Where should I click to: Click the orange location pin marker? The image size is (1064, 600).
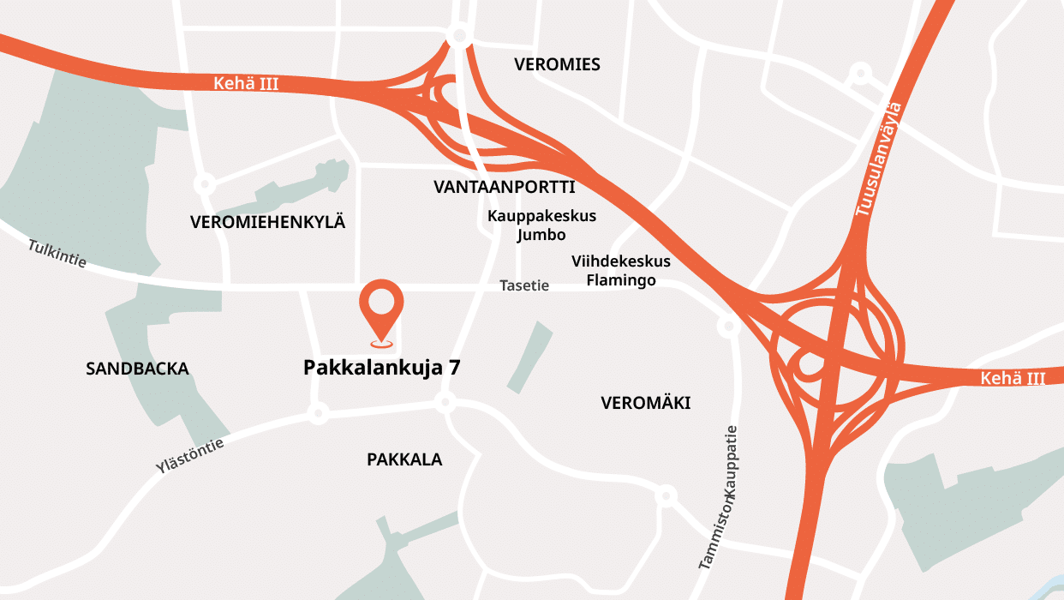[380, 309]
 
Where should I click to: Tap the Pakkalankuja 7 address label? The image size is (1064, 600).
[382, 368]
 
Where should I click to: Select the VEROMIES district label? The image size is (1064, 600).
[557, 64]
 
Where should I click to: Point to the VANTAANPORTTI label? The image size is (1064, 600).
[504, 187]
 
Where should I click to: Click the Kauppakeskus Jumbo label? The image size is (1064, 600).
[541, 225]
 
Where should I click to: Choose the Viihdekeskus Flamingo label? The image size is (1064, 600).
[621, 270]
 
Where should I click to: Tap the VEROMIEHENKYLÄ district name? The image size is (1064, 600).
[267, 222]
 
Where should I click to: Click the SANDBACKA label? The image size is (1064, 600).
[137, 369]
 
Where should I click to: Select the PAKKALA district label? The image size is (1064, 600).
[404, 459]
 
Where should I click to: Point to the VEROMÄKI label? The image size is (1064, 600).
[645, 403]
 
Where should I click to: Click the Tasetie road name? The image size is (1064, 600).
[524, 285]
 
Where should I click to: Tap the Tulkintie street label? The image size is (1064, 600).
[57, 254]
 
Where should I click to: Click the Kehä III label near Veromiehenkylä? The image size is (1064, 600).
[246, 84]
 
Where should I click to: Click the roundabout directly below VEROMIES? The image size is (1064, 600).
[459, 36]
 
